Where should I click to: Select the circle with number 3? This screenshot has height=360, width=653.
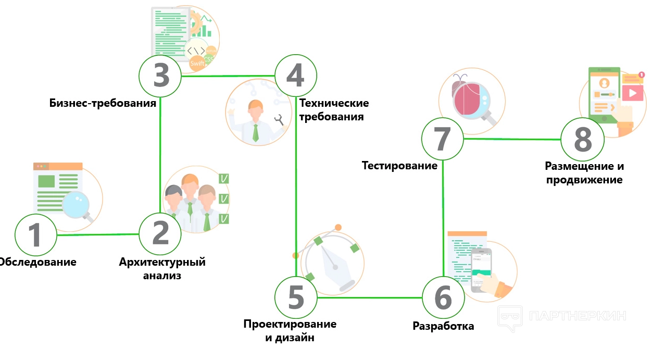[160, 76]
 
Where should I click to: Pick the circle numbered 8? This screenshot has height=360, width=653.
[583, 140]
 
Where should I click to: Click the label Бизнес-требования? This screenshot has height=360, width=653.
[103, 103]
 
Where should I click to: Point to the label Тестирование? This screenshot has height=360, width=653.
[399, 166]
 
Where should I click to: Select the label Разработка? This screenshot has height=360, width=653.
[443, 326]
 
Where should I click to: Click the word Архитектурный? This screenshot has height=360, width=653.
[162, 262]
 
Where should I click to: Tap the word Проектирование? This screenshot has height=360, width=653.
[290, 324]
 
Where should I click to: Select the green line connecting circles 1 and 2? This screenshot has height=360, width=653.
[98, 234]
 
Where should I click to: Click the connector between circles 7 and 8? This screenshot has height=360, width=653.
[512, 139]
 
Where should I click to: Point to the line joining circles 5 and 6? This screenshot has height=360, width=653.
[369, 298]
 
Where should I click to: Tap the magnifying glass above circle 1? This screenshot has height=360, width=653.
[77, 205]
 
